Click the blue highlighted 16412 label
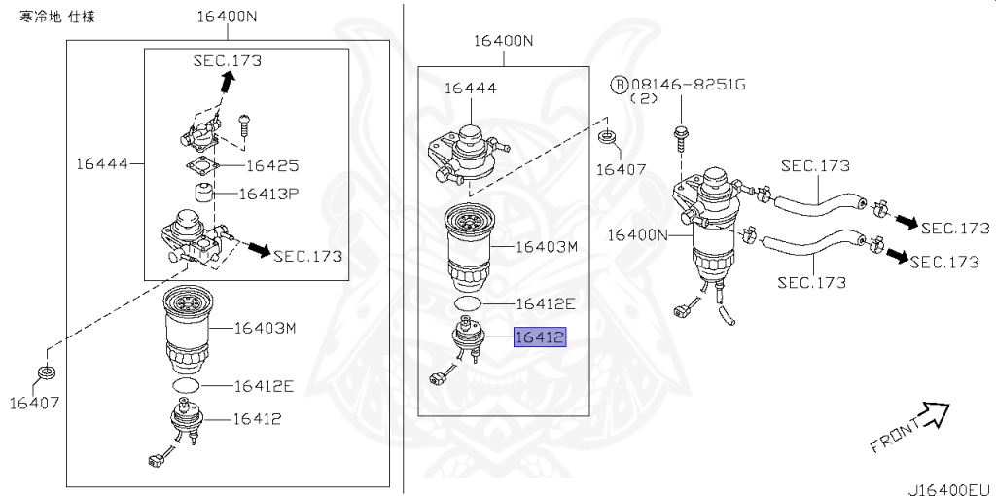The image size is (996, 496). click(x=540, y=337)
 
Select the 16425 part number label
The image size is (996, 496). click(x=271, y=166)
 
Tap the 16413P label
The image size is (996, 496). click(x=271, y=195)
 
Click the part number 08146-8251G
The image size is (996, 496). click(x=688, y=85)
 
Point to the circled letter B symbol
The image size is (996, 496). click(x=619, y=85)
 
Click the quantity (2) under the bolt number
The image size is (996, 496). click(x=644, y=99)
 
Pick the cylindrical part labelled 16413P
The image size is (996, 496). click(x=204, y=194)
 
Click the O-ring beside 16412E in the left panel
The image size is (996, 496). click(x=185, y=386)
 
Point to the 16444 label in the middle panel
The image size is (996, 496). click(x=471, y=89)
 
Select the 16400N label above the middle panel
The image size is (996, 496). click(x=504, y=41)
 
